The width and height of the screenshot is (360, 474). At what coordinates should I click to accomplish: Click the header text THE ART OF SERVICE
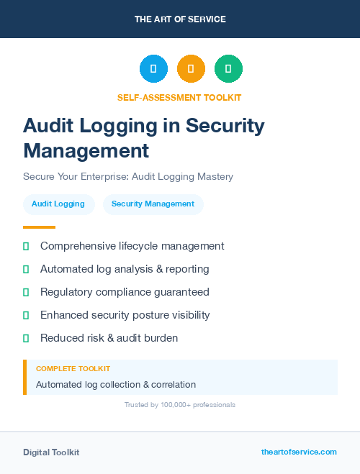tap(180, 19)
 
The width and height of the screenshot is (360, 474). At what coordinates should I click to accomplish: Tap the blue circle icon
tap(153, 69)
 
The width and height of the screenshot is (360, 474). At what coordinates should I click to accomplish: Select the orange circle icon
tap(191, 69)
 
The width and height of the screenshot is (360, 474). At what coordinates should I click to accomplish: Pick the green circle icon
tap(228, 69)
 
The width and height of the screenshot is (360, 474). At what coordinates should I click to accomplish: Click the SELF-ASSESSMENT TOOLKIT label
tap(180, 97)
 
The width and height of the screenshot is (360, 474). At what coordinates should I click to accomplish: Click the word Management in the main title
tap(86, 150)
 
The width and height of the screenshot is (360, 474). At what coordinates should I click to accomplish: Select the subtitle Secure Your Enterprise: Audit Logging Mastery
tap(128, 176)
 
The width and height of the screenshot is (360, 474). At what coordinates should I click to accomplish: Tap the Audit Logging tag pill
tap(58, 204)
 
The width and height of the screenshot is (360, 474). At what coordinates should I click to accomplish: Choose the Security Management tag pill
tap(153, 204)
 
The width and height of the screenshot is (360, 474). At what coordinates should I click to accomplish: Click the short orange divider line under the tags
tap(39, 227)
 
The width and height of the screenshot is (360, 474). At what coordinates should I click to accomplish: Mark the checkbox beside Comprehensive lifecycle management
tap(26, 246)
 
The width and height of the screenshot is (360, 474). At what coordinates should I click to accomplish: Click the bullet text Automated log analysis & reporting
tap(125, 269)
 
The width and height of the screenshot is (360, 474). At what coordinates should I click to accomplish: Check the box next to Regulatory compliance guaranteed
tap(26, 292)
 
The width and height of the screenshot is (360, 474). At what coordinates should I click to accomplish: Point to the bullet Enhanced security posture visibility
tap(125, 315)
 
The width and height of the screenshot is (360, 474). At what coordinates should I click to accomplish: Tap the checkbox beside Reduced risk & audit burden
tap(26, 338)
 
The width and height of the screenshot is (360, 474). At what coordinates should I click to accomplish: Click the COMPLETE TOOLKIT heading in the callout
tap(73, 368)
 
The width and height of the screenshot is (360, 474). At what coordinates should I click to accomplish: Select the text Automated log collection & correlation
tap(116, 385)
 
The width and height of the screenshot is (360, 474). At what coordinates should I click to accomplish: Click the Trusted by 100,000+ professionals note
tap(180, 405)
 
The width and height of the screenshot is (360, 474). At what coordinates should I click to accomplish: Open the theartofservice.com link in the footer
tap(299, 452)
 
